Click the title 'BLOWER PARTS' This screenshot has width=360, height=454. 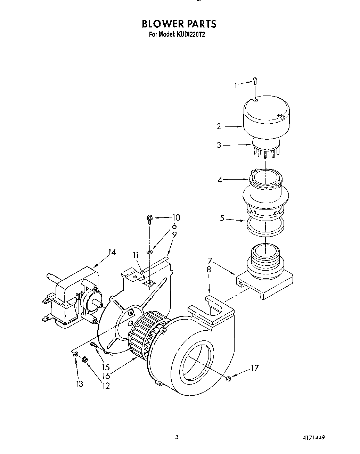point(179,24)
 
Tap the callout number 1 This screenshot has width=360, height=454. point(236,84)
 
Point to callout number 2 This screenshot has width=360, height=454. point(219,126)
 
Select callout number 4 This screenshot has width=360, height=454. point(220,180)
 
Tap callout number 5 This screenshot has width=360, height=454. point(222,219)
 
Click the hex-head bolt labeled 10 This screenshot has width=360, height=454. point(150,218)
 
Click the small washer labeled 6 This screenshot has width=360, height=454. point(150,250)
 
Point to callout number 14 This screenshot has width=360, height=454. point(112,252)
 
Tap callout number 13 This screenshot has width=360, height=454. point(80,384)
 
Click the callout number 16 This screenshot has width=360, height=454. point(106,376)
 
